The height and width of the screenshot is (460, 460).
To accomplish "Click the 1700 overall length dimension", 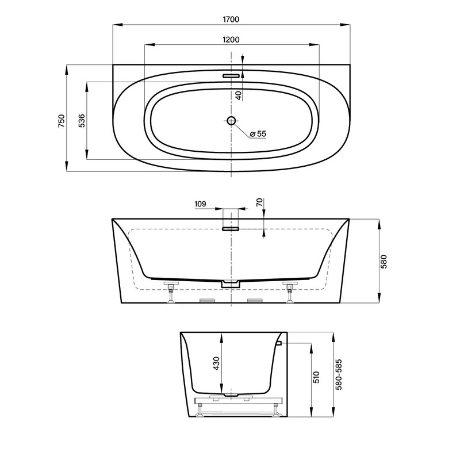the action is point(231,20).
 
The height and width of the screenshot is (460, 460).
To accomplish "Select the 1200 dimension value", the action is point(231,39).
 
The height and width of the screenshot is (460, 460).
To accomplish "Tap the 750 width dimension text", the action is point(62,121).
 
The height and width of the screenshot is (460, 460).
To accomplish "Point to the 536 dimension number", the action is point(82,121).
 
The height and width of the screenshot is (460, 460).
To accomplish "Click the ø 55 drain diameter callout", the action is point(258,134).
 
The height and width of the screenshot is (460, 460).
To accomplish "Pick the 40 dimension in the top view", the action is point(239,95).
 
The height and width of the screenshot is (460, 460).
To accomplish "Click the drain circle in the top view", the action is point(232,120).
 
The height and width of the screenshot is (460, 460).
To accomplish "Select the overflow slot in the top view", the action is point(231,76).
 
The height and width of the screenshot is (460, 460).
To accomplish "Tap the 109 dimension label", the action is point(200,204).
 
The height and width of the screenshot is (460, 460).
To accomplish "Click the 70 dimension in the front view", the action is point(260,202).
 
